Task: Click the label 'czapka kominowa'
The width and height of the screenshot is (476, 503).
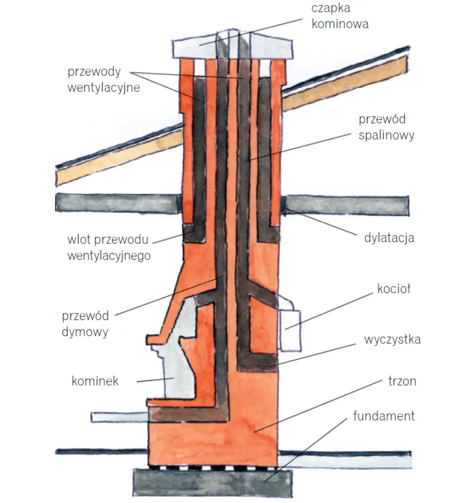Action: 340,16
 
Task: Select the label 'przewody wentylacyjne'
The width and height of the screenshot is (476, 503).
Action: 103,80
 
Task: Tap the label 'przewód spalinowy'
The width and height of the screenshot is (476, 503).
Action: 386,127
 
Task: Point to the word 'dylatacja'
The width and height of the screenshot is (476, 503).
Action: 389,238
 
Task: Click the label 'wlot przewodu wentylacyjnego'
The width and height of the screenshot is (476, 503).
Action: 109,248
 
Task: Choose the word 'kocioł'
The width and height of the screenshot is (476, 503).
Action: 393,289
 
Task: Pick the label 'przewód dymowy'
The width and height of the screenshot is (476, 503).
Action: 85,323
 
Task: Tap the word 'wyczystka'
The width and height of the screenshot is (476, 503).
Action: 392,339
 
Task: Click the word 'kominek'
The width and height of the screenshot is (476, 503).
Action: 95,381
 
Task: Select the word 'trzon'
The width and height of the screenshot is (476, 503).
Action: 402,381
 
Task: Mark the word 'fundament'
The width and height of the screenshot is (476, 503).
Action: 383,416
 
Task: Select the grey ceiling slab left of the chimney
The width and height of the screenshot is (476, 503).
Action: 115,203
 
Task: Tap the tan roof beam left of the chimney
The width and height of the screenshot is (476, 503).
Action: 119,160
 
